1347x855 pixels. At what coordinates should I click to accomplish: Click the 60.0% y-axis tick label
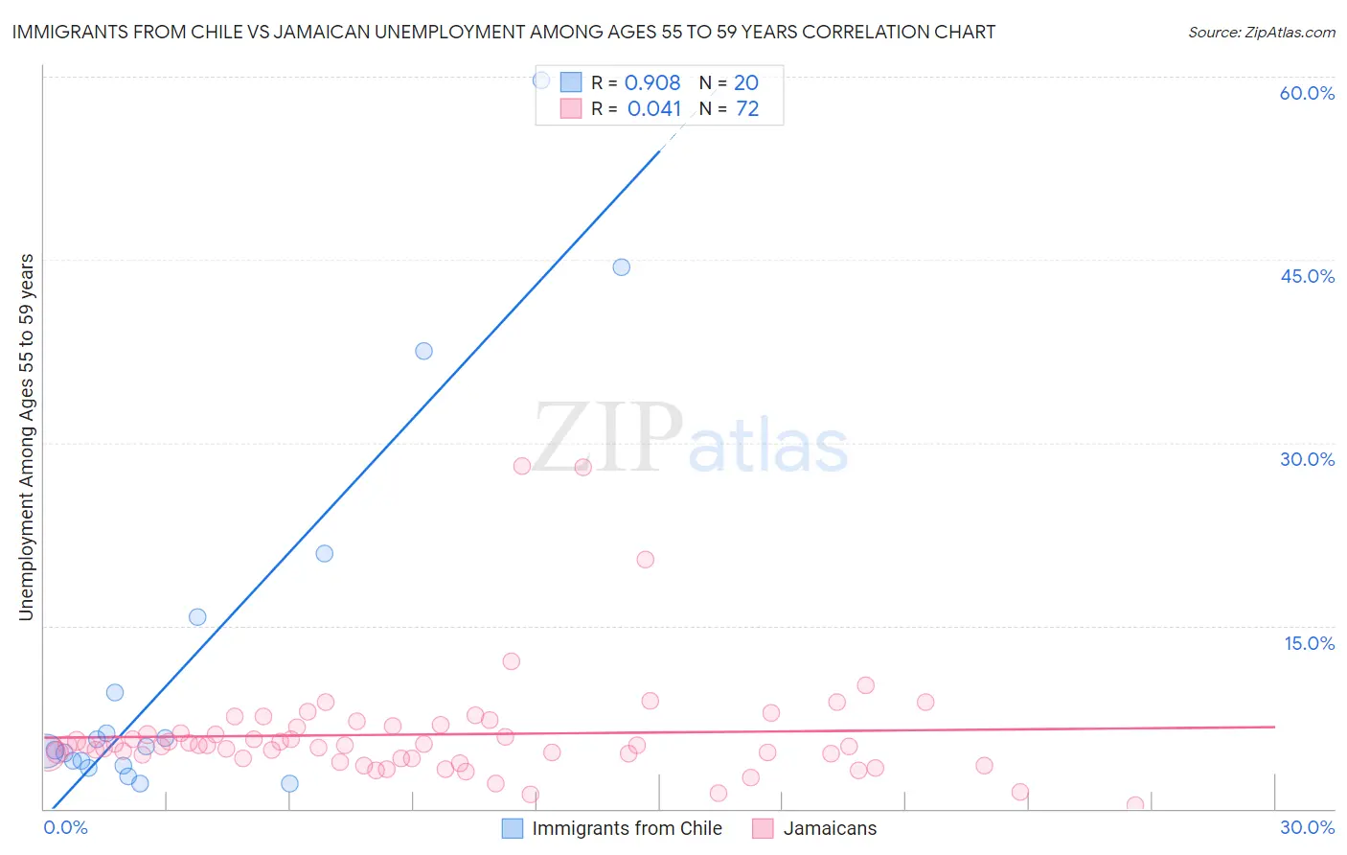[1307, 93]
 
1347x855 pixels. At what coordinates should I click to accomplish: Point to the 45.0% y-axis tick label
[1307, 276]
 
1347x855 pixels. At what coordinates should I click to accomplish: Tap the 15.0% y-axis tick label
[1309, 643]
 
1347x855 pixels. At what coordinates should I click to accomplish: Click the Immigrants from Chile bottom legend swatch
[513, 828]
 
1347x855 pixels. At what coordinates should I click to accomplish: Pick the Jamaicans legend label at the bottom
[830, 828]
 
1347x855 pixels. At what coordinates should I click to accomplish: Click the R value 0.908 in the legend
[652, 83]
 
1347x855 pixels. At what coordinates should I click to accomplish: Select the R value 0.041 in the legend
[654, 109]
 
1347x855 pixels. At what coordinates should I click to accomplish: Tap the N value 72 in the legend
[747, 109]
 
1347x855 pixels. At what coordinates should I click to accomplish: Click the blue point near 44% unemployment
[622, 267]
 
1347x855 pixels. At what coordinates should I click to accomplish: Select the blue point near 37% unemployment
[423, 351]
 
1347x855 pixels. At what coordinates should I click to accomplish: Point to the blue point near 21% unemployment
[325, 553]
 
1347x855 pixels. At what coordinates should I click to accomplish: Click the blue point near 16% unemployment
[197, 617]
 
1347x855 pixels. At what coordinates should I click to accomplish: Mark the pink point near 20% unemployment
[646, 560]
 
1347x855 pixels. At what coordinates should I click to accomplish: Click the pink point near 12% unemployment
[512, 661]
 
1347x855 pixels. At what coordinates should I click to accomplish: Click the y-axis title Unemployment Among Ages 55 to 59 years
[27, 437]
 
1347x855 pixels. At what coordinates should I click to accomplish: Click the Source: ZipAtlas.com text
[1261, 33]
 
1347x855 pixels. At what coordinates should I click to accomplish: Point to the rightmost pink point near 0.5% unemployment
[1135, 805]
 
